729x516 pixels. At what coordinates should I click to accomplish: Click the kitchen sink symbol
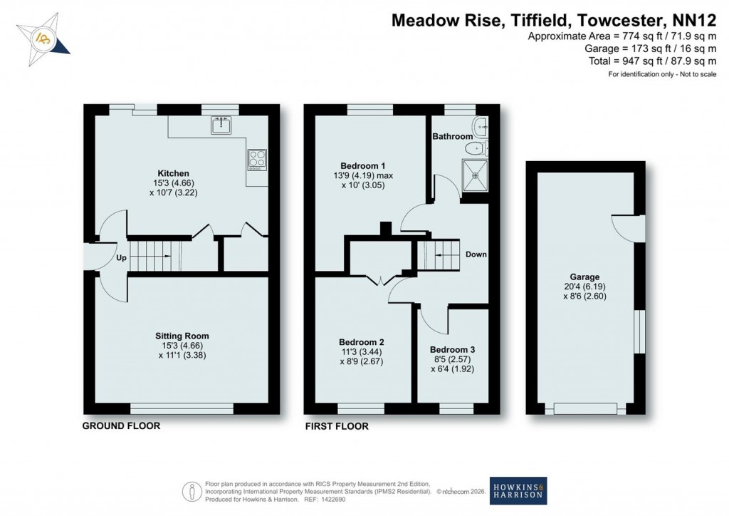point(221,126)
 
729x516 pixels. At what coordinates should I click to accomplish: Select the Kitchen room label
point(173,173)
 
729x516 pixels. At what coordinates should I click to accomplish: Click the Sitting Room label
point(182,336)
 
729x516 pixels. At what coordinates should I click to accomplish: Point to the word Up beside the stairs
point(121,259)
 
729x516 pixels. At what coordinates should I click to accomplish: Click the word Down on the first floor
point(476,254)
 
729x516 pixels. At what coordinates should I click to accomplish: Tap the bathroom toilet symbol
point(473,148)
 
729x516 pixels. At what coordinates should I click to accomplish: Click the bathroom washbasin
point(481,125)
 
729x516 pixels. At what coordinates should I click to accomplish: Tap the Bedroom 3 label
point(452,350)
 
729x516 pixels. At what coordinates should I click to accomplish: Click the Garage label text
point(584,277)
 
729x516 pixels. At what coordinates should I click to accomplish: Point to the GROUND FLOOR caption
point(121,426)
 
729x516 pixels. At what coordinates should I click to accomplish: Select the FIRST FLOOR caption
point(337,426)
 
